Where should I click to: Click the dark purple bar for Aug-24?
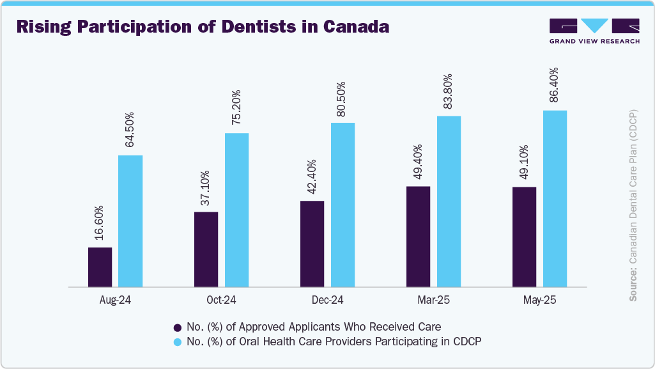click(100, 267)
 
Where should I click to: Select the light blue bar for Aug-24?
click(130, 221)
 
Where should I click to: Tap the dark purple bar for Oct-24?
click(206, 249)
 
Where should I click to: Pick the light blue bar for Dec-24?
click(343, 204)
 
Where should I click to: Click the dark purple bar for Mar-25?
click(418, 236)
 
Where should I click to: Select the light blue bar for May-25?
click(555, 198)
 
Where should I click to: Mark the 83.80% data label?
click(449, 91)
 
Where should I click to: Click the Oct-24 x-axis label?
click(221, 300)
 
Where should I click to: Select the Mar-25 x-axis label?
click(433, 300)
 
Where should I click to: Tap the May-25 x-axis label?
click(539, 300)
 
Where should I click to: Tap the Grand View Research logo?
click(594, 31)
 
